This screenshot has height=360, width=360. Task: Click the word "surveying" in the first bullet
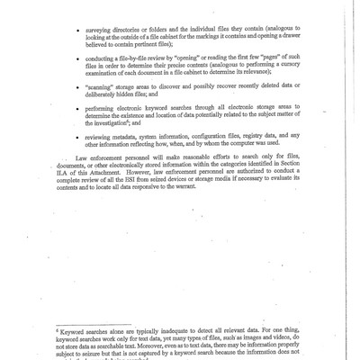coord(103,16)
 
